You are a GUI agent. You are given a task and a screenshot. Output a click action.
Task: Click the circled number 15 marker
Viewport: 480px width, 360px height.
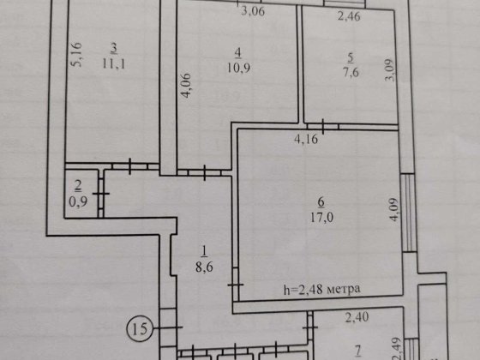coord(139,329)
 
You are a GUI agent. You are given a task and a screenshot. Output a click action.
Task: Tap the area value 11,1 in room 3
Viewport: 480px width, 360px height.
coord(113,64)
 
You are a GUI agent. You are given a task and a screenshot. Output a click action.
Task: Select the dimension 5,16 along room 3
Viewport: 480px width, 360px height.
coord(76,55)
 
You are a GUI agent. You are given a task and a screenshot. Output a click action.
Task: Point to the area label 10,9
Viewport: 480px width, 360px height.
coord(238,68)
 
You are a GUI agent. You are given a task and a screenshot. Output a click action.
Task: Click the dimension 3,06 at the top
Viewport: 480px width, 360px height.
coord(253,11)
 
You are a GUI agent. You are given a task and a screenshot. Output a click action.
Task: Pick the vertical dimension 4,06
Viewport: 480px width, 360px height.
coord(186,86)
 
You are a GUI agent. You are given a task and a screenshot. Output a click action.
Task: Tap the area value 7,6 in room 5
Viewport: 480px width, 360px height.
coord(351,72)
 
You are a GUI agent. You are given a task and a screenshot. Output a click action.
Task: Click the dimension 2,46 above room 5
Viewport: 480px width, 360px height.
coord(349,16)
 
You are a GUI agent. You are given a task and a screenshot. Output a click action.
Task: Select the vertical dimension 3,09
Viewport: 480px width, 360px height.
coord(390,69)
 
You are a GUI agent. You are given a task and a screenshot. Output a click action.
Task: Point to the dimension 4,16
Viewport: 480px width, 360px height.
coord(306,139)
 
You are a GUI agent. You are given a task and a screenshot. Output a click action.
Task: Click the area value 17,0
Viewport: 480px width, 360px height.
coord(321,218)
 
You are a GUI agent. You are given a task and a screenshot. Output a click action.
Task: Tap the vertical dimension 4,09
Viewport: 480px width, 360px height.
coord(393,210)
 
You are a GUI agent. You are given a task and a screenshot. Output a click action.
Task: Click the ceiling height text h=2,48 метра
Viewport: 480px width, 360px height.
coord(321,290)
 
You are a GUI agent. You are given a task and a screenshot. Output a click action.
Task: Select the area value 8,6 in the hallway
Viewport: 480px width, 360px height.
coord(204,267)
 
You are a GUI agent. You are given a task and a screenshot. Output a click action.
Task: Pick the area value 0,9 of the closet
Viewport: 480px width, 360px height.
coord(78,201)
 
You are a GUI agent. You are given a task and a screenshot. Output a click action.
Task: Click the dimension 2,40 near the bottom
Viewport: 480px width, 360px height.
coord(357,317)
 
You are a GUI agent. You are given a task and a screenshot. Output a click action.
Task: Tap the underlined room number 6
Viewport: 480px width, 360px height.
coord(321,203)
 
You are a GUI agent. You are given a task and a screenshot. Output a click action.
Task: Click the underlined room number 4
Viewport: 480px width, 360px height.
coord(238,54)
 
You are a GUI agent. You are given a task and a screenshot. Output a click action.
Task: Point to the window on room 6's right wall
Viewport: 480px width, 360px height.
coord(409,213)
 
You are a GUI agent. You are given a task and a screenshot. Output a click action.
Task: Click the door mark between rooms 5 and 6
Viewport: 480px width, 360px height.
coord(323,126)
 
